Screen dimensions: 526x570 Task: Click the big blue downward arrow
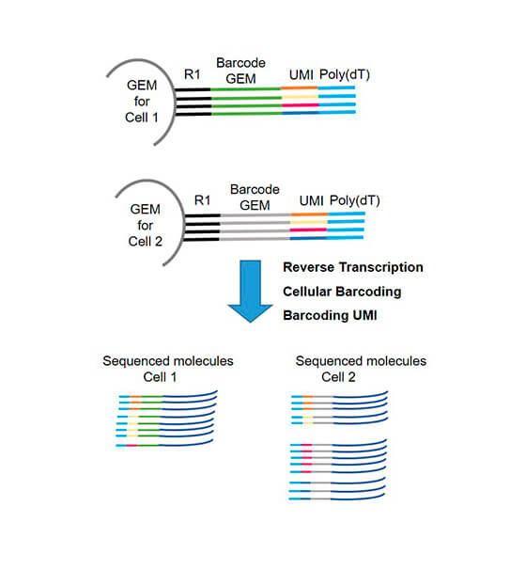click(250, 291)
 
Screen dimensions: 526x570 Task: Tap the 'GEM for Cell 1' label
click(142, 102)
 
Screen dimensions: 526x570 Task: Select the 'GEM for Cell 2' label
click(146, 226)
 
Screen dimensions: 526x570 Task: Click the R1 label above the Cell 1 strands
click(192, 74)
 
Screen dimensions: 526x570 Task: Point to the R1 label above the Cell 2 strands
click(202, 200)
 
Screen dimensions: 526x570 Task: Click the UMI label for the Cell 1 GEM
click(301, 75)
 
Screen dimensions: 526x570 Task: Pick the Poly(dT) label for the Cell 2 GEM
click(355, 200)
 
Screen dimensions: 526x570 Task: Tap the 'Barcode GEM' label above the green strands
click(240, 71)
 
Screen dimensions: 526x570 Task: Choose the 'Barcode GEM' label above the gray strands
click(255, 198)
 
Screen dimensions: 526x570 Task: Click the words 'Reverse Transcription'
click(353, 267)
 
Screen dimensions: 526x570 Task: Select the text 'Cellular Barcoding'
click(342, 292)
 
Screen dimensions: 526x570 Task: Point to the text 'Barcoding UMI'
click(330, 315)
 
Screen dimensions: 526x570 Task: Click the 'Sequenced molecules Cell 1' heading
click(168, 369)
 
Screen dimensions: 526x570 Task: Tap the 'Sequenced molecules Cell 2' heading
click(361, 369)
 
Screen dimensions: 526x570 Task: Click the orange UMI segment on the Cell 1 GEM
click(299, 88)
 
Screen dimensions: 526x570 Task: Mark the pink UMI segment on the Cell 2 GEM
click(308, 230)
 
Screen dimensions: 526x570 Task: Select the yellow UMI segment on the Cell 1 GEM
click(301, 97)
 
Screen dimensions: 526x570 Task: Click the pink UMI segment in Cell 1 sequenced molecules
click(131, 445)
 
